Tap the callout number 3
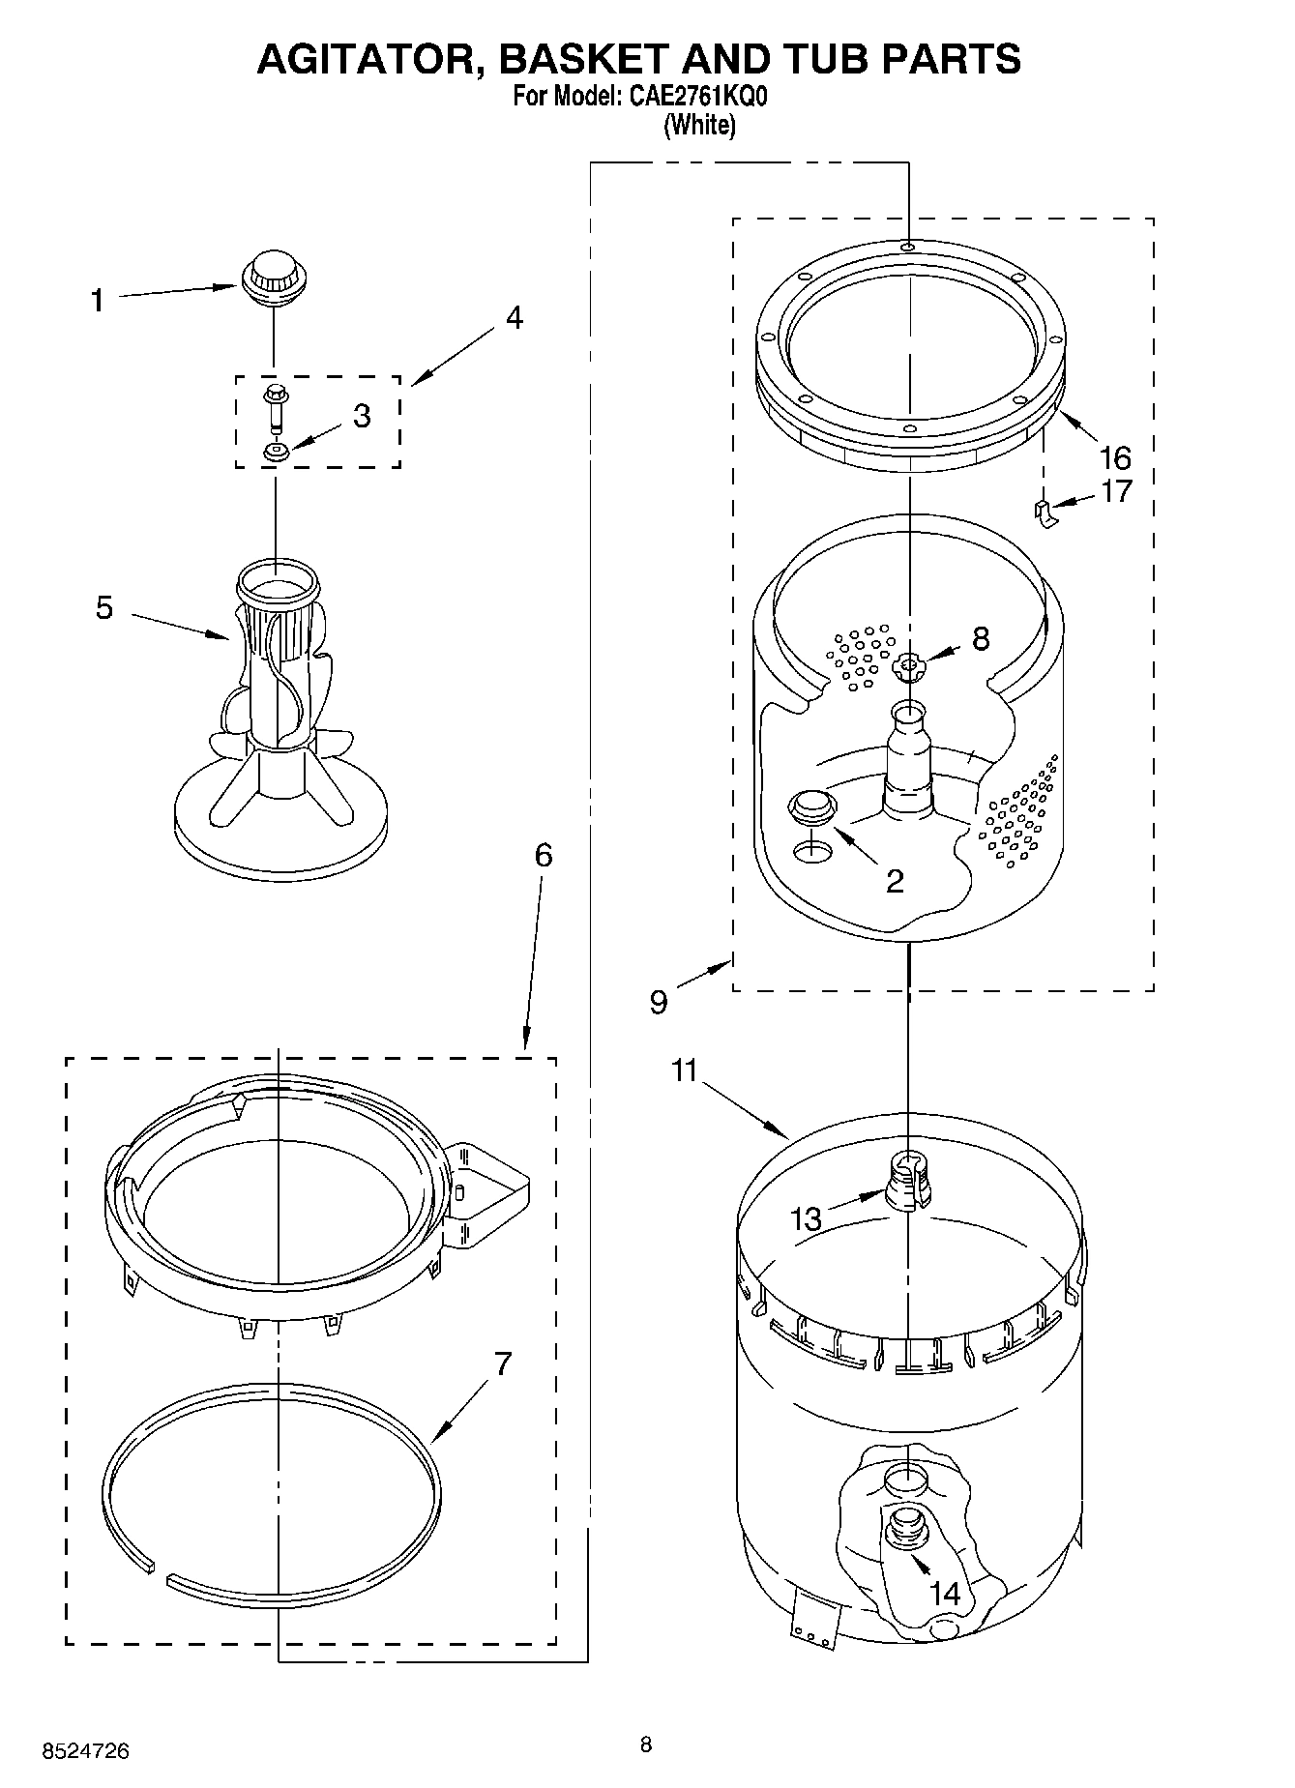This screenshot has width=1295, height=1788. [x=361, y=416]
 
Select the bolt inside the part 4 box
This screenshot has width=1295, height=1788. [x=274, y=404]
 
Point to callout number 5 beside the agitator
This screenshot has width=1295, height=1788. [x=103, y=608]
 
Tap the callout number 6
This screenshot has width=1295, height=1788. [x=544, y=855]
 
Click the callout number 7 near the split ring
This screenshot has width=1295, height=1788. [x=502, y=1364]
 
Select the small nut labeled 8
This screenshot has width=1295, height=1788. [x=908, y=663]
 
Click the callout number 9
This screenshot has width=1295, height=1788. [x=658, y=1003]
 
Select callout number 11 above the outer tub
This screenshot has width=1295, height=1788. [x=685, y=1070]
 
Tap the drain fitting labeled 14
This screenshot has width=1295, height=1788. [x=905, y=1534]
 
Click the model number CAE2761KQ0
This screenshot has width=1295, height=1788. [x=692, y=97]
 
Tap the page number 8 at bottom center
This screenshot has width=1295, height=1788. [x=646, y=1744]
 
